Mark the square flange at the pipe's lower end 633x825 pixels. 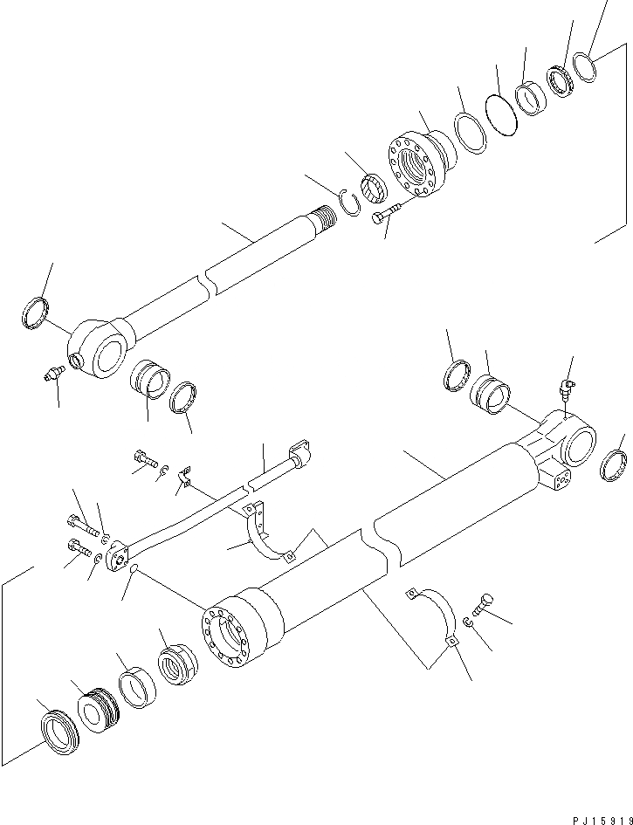coord(120,557)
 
